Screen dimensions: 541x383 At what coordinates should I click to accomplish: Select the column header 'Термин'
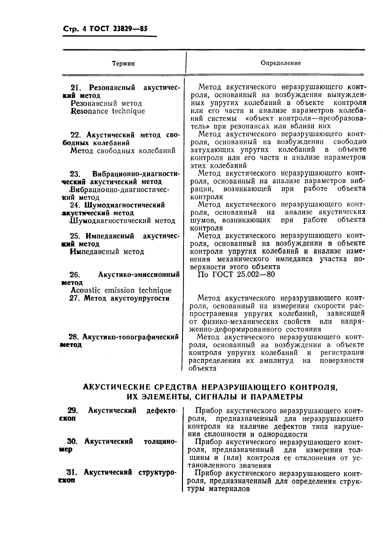pos(123,63)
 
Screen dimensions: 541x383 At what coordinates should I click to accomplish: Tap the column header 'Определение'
pos(280,63)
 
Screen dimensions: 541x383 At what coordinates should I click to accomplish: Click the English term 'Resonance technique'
pos(107,111)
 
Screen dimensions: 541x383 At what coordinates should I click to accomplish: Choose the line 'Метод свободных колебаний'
pos(123,150)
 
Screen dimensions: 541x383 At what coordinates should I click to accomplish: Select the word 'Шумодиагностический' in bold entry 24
pos(125,205)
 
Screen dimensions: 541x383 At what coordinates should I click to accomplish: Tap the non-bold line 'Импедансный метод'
pos(107,252)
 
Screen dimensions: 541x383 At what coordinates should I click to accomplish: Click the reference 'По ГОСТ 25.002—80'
pos(236,275)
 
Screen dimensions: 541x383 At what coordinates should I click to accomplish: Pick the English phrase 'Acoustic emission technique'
pos(121,290)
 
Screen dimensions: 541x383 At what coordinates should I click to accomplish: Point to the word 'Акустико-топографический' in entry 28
pos(130,337)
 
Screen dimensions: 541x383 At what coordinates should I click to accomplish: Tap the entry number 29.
pos(73,411)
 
